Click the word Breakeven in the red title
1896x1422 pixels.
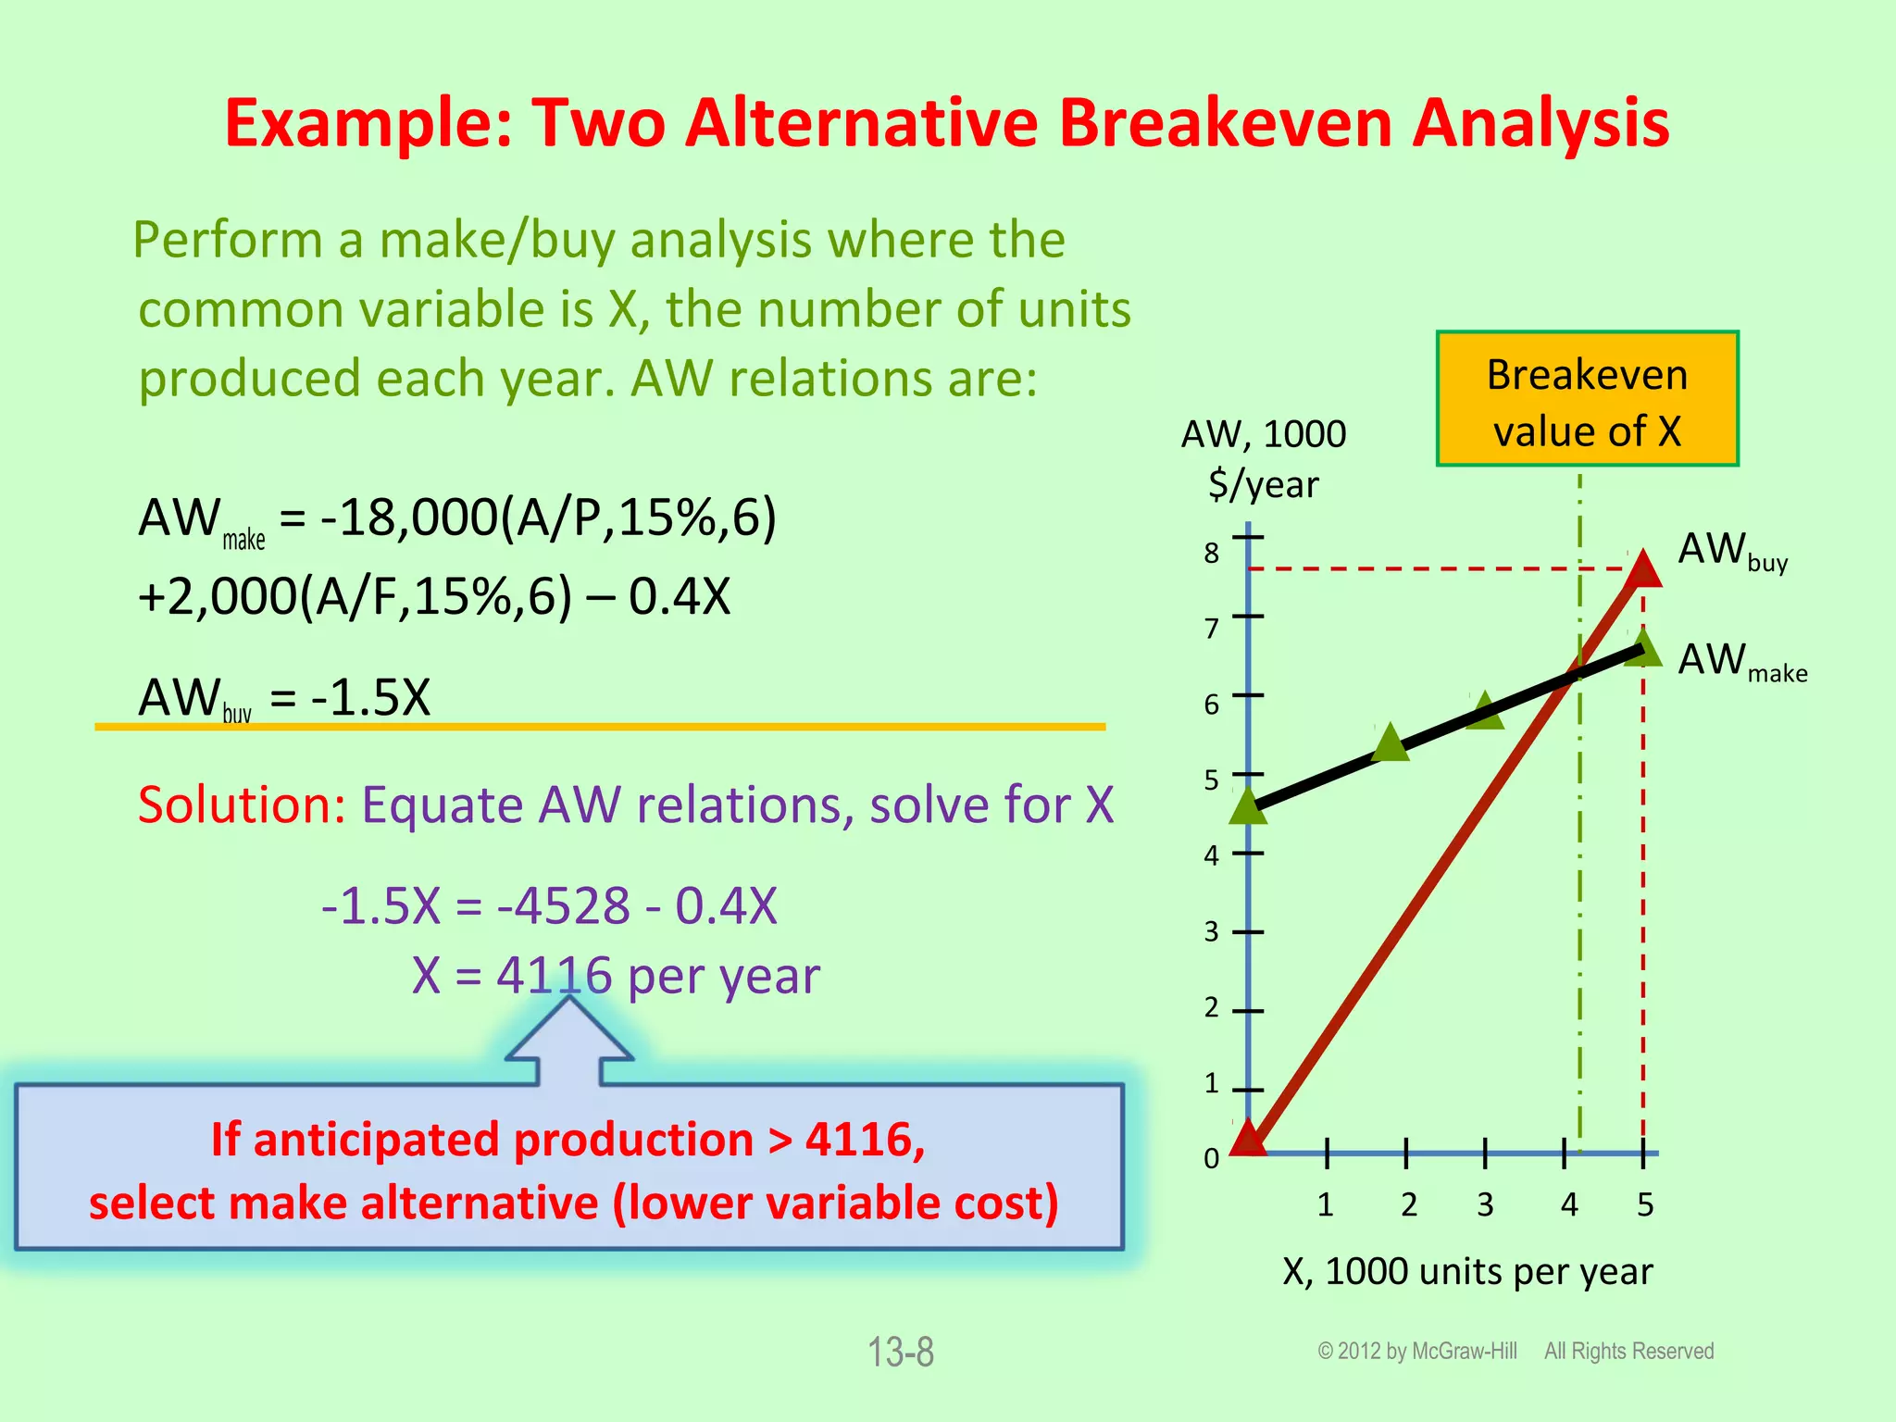coord(1224,123)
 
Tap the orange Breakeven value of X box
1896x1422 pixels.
coord(1587,399)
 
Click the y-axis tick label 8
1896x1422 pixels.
coord(1211,554)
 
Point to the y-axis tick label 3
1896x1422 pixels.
coord(1211,931)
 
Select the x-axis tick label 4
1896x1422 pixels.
coord(1568,1204)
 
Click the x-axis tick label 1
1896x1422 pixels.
coord(1325,1204)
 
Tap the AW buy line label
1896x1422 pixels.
coord(1731,552)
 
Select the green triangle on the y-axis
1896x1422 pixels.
coord(1248,806)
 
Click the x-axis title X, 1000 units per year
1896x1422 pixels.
coord(1467,1272)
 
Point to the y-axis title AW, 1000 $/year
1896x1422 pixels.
coord(1263,458)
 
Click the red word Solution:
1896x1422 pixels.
coord(242,805)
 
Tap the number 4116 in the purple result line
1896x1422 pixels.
coord(554,975)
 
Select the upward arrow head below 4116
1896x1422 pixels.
coord(569,1032)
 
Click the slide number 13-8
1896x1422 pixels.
coord(900,1352)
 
